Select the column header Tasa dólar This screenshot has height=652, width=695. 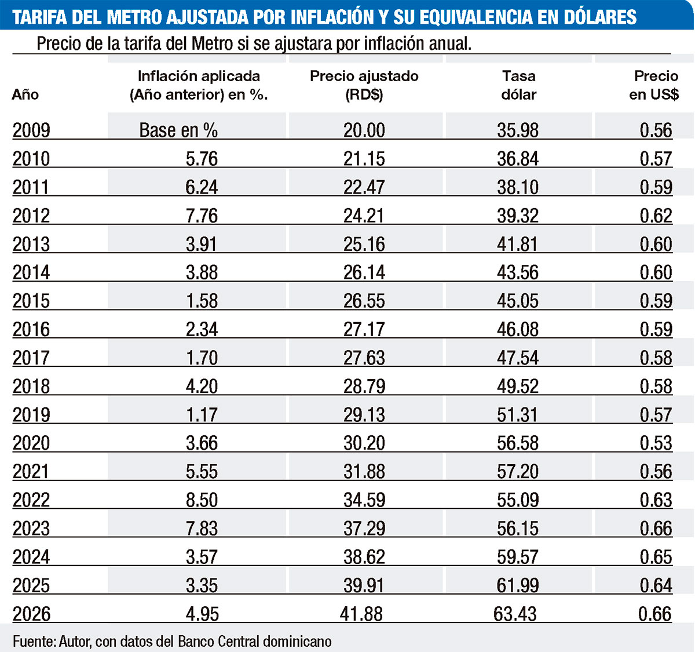click(x=519, y=85)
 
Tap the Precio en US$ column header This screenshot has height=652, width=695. click(x=654, y=85)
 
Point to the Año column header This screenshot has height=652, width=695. click(x=25, y=94)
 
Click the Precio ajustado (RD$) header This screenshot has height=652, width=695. click(x=364, y=85)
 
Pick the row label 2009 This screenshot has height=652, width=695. click(x=31, y=130)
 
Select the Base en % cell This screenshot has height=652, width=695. click(x=178, y=130)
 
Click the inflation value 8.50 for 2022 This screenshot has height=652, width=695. click(x=202, y=500)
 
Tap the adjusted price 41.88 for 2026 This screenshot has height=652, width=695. click(x=361, y=614)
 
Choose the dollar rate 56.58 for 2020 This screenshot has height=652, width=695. click(x=518, y=443)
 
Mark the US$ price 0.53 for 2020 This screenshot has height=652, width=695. click(x=656, y=443)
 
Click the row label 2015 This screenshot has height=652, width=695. click(x=31, y=301)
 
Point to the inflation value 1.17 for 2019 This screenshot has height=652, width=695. click(x=202, y=414)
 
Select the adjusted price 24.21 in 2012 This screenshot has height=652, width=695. click(x=364, y=216)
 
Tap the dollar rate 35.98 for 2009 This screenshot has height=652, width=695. click(x=518, y=130)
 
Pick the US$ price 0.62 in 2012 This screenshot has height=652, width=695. click(x=656, y=216)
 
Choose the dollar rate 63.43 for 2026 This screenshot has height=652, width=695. click(x=515, y=614)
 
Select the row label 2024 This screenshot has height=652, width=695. click(x=31, y=556)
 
